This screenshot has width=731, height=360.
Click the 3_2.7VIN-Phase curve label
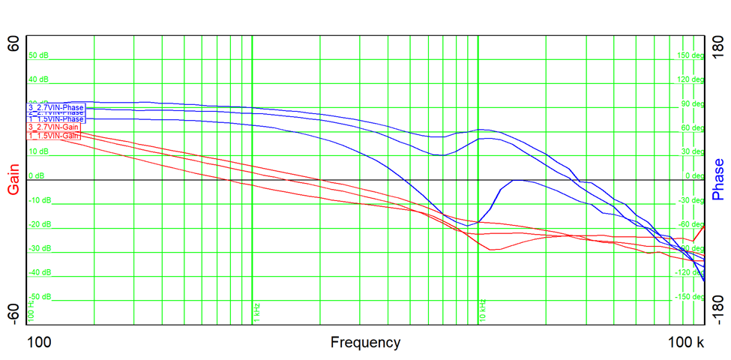click(x=56, y=108)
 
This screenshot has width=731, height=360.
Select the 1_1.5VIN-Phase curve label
click(x=56, y=119)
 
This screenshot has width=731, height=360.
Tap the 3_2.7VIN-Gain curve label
click(x=53, y=127)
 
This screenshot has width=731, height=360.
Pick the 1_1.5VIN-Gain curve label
click(x=53, y=136)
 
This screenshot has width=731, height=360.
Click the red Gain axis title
click(x=13, y=180)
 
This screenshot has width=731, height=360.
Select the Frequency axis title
click(x=365, y=343)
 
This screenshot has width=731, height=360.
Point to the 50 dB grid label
click(x=38, y=55)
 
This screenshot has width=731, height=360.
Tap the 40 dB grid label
click(x=38, y=79)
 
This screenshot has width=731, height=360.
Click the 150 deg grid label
click(x=691, y=55)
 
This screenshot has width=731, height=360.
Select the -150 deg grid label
click(x=689, y=297)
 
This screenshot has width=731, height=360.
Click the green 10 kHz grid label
click(x=482, y=311)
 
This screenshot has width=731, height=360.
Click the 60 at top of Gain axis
click(x=13, y=44)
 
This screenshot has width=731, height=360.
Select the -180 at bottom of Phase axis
click(x=718, y=312)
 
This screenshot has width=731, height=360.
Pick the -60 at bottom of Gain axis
click(x=13, y=314)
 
